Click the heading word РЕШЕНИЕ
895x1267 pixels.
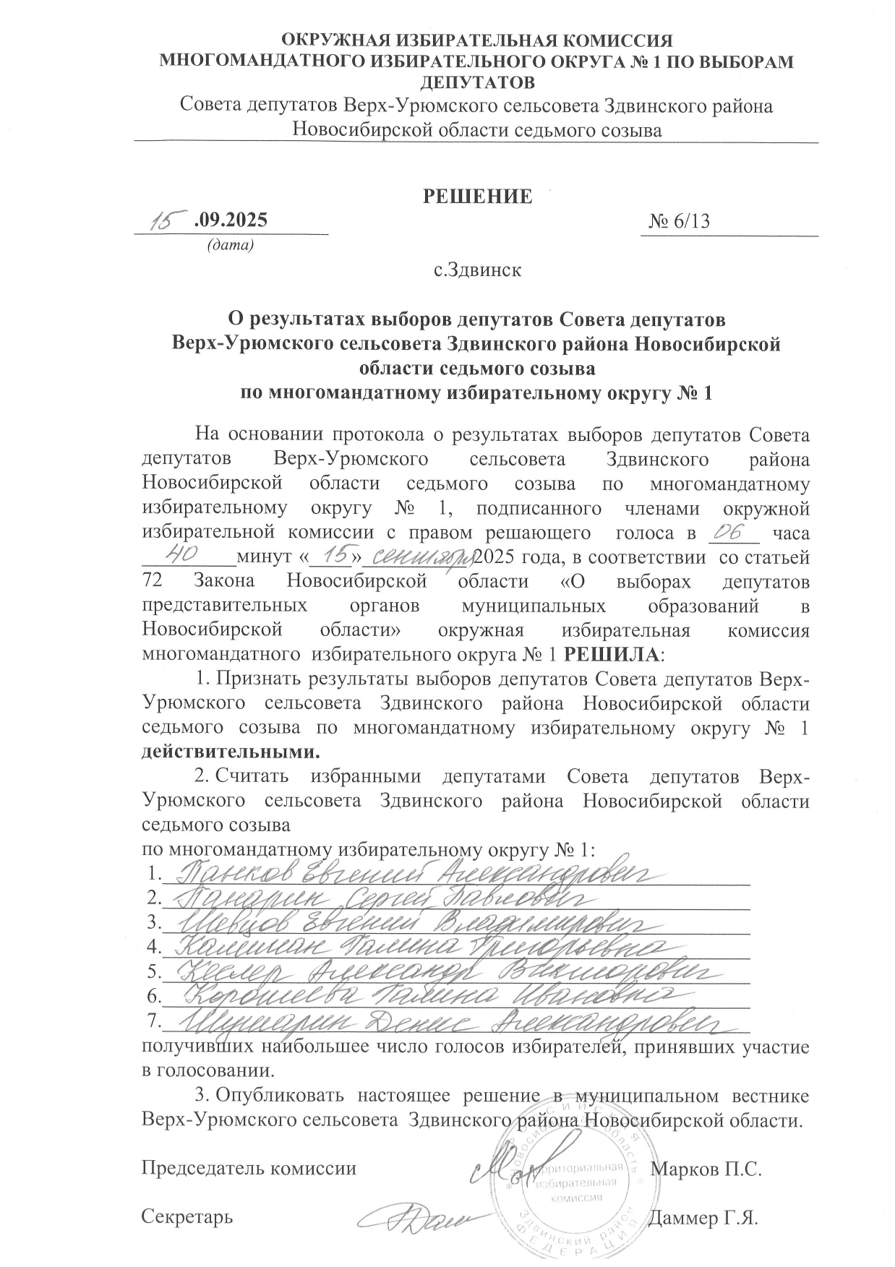(x=477, y=196)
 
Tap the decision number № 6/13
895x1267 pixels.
(x=679, y=222)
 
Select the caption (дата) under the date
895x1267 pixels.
(x=230, y=246)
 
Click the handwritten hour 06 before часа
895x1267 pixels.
(x=732, y=531)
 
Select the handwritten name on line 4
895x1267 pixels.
(x=419, y=946)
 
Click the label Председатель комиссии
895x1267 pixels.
(x=249, y=1168)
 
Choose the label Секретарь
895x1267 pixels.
(x=187, y=1216)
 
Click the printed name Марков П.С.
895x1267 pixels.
(x=706, y=1168)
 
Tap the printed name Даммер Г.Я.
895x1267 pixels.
(x=703, y=1216)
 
